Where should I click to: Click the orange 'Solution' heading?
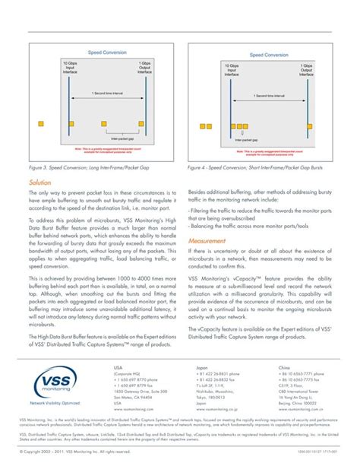point(41,183)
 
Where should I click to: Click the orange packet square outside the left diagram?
point(41,123)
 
